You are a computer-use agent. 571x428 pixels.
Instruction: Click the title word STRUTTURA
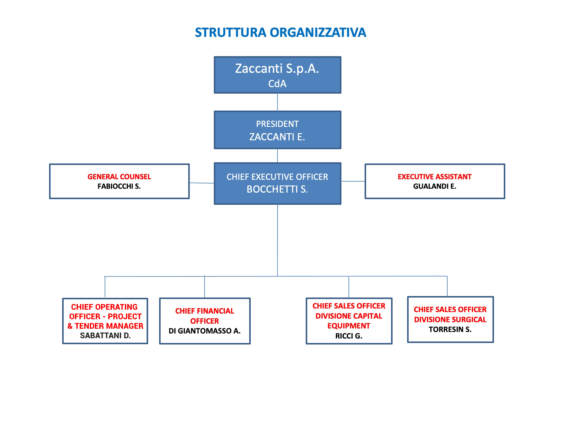click(x=230, y=32)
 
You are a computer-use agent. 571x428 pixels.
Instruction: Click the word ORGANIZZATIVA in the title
click(x=318, y=32)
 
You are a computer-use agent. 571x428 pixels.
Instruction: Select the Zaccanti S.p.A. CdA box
click(x=277, y=75)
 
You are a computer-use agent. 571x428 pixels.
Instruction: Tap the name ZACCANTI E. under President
click(x=277, y=137)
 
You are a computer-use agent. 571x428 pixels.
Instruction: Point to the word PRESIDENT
click(x=277, y=124)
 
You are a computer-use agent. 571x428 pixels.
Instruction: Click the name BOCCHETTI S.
click(x=277, y=189)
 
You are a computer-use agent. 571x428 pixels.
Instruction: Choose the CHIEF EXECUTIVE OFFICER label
click(x=277, y=177)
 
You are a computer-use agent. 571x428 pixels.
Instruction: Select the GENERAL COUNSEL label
click(x=119, y=177)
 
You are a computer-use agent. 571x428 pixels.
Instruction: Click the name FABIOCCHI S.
click(x=119, y=186)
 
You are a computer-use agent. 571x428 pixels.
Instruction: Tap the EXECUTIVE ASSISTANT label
click(x=434, y=177)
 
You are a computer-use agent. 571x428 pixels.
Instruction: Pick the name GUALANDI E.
click(x=434, y=186)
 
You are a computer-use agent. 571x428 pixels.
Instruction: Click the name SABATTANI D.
click(x=105, y=336)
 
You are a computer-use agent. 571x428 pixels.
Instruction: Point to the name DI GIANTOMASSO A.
click(x=205, y=331)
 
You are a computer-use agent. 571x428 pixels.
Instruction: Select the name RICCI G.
click(x=349, y=336)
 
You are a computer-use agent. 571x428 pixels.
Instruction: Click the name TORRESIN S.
click(x=450, y=329)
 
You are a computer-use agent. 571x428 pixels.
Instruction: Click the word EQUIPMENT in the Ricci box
click(x=349, y=326)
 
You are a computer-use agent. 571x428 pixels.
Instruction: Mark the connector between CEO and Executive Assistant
click(x=353, y=181)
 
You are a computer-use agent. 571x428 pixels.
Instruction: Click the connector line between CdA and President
click(x=277, y=102)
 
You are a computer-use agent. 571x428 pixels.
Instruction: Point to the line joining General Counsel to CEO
click(x=202, y=183)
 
